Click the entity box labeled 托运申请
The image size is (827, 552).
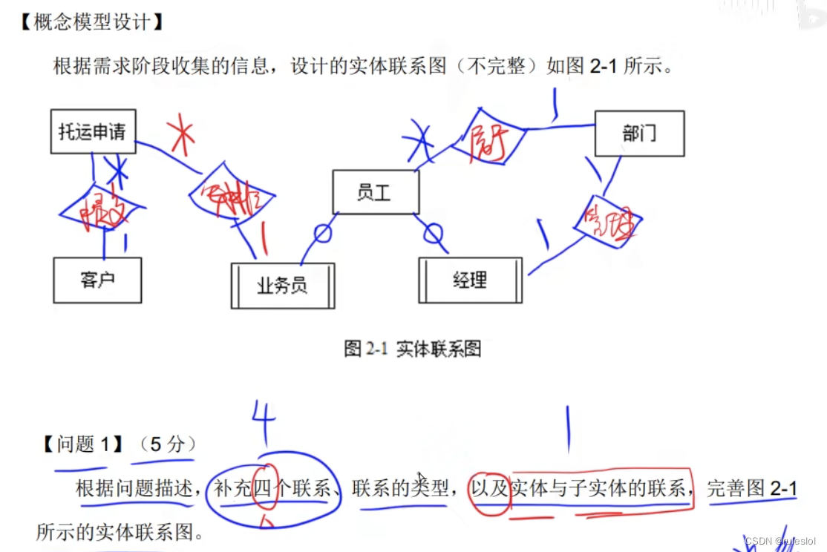click(93, 131)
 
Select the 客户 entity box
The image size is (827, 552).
click(97, 280)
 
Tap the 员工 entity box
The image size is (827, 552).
click(375, 192)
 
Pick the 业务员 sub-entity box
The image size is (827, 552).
click(282, 286)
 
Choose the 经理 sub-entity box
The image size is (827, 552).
click(470, 280)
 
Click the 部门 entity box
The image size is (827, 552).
click(639, 134)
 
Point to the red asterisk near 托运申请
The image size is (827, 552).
click(180, 135)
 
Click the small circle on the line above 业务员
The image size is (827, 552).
click(322, 233)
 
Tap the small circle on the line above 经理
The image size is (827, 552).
click(433, 234)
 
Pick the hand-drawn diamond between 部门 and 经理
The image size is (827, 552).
click(607, 220)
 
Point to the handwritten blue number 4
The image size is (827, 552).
click(263, 419)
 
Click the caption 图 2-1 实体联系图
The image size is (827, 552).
click(413, 349)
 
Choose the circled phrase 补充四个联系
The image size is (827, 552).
click(272, 488)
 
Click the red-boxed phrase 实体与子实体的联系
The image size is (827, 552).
click(598, 488)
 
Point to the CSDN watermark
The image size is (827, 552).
click(779, 541)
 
